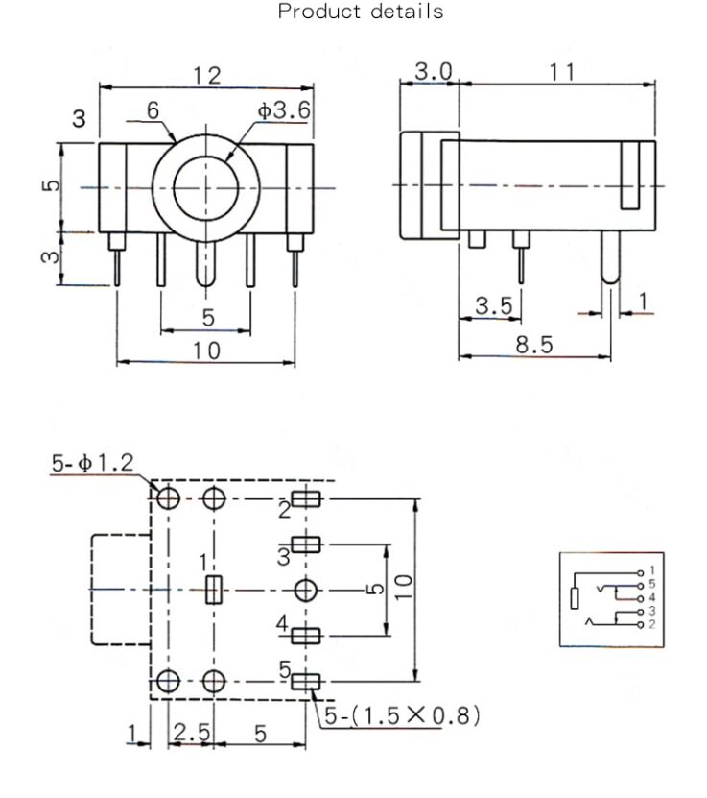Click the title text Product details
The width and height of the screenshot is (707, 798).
361,12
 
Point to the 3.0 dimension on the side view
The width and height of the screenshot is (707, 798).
434,72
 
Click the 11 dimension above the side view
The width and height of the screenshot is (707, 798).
561,72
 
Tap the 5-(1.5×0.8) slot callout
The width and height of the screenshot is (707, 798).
401,716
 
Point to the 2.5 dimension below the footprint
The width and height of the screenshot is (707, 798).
191,732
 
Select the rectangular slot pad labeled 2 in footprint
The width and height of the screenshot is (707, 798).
307,499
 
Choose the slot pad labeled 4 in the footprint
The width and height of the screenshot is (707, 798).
307,636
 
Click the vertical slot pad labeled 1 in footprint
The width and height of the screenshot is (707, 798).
214,590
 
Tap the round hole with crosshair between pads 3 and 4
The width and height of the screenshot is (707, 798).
306,590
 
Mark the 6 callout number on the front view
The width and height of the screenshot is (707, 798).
153,110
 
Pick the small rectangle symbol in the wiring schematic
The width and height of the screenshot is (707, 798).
574,599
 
